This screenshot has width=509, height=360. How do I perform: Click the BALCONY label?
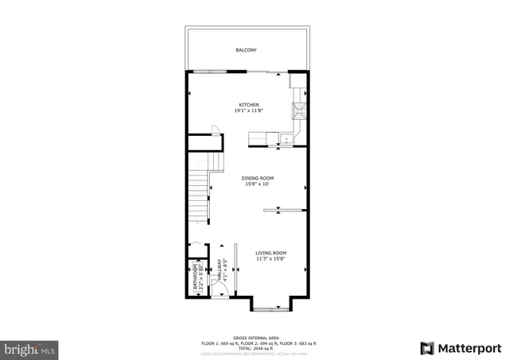pos(246,50)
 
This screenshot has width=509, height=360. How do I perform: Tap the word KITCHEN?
pos(249,105)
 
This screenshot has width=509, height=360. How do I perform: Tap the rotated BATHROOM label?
pos(192,277)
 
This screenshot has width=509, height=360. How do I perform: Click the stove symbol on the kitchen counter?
pos(301,110)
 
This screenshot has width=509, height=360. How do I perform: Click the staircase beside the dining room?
pos(199,195)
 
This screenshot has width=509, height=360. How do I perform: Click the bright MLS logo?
pos(30,349)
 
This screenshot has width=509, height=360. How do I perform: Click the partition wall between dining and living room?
pos(282,211)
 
